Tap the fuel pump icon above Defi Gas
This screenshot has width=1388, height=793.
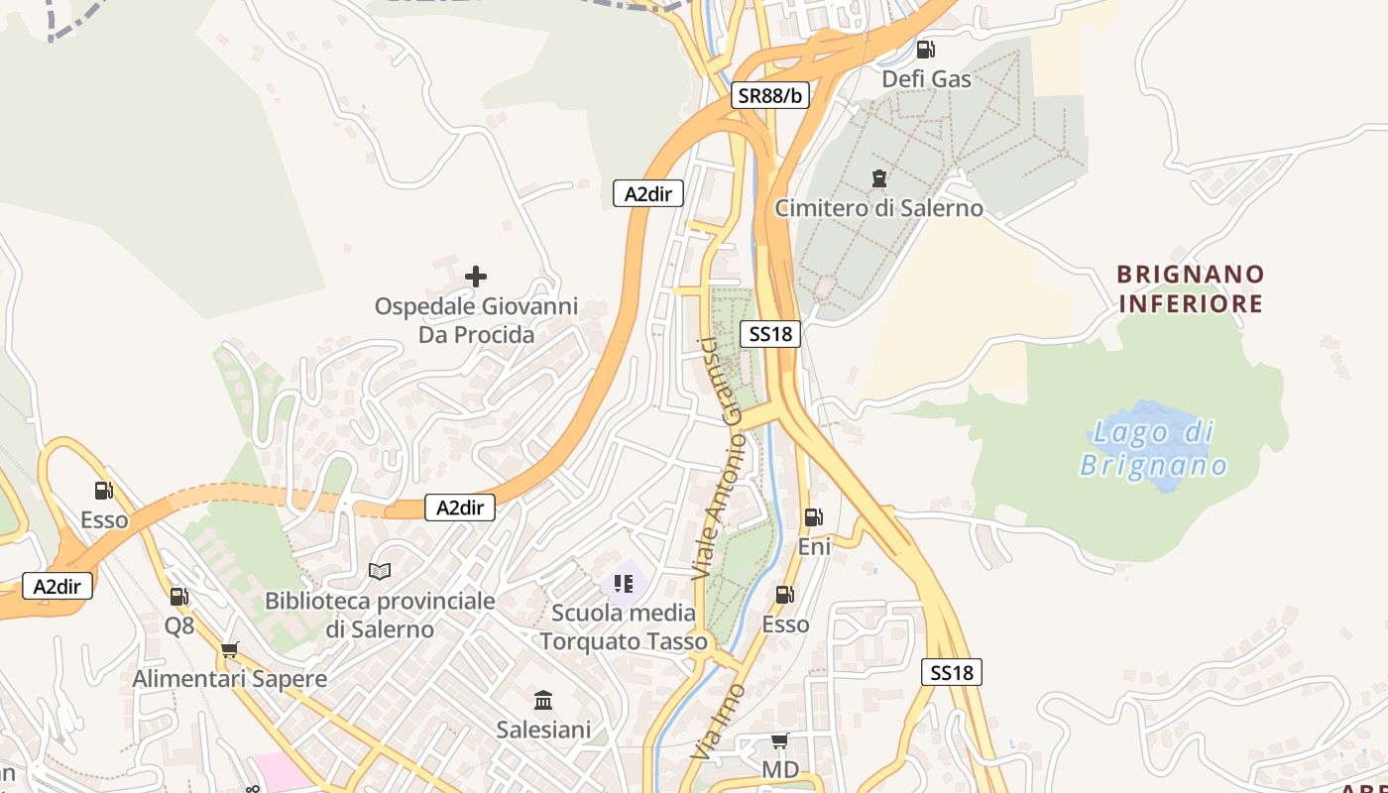925,49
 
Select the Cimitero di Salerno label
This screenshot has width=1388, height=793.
878,208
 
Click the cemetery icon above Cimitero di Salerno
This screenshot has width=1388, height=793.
878,178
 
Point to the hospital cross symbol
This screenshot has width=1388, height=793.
476,276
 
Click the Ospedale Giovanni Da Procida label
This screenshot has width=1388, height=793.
476,321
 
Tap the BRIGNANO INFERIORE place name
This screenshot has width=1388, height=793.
1191,288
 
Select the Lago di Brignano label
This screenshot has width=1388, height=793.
1154,448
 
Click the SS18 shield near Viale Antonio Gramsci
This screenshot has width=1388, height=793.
770,334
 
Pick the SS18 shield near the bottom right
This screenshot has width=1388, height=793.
952,673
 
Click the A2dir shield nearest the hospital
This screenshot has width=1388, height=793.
648,194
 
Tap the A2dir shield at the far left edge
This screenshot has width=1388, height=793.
58,586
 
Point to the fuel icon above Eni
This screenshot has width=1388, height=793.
813,516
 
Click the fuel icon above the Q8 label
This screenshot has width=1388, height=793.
179,596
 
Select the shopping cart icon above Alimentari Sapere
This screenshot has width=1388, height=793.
230,650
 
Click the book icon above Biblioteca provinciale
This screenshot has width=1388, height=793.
380,571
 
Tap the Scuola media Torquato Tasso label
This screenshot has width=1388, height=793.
624,627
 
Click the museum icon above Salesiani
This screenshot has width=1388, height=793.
543,701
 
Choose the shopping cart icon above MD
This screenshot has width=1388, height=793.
780,741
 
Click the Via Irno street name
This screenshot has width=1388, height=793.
718,722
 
